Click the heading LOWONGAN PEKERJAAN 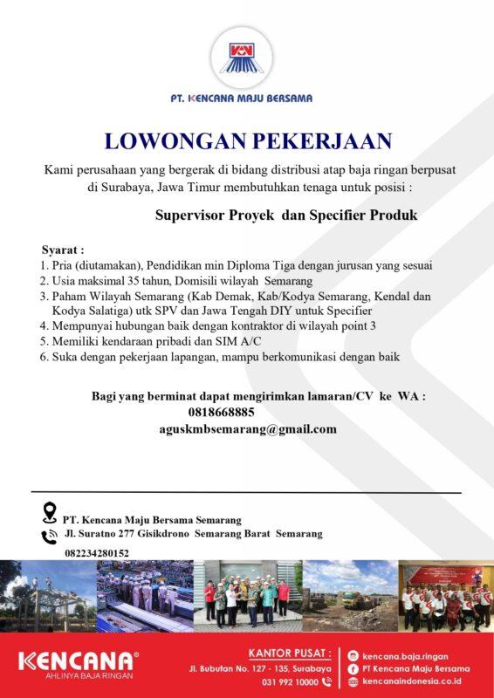[x=247, y=140]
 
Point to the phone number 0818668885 [x=221, y=412]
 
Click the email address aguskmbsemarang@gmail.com [x=248, y=428]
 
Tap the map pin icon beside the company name [x=50, y=512]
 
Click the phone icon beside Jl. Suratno [x=50, y=536]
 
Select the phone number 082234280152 [x=96, y=553]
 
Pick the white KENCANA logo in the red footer [x=78, y=660]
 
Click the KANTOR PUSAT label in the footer [x=289, y=652]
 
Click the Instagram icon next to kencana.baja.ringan [x=353, y=655]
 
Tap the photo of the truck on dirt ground [x=349, y=595]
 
